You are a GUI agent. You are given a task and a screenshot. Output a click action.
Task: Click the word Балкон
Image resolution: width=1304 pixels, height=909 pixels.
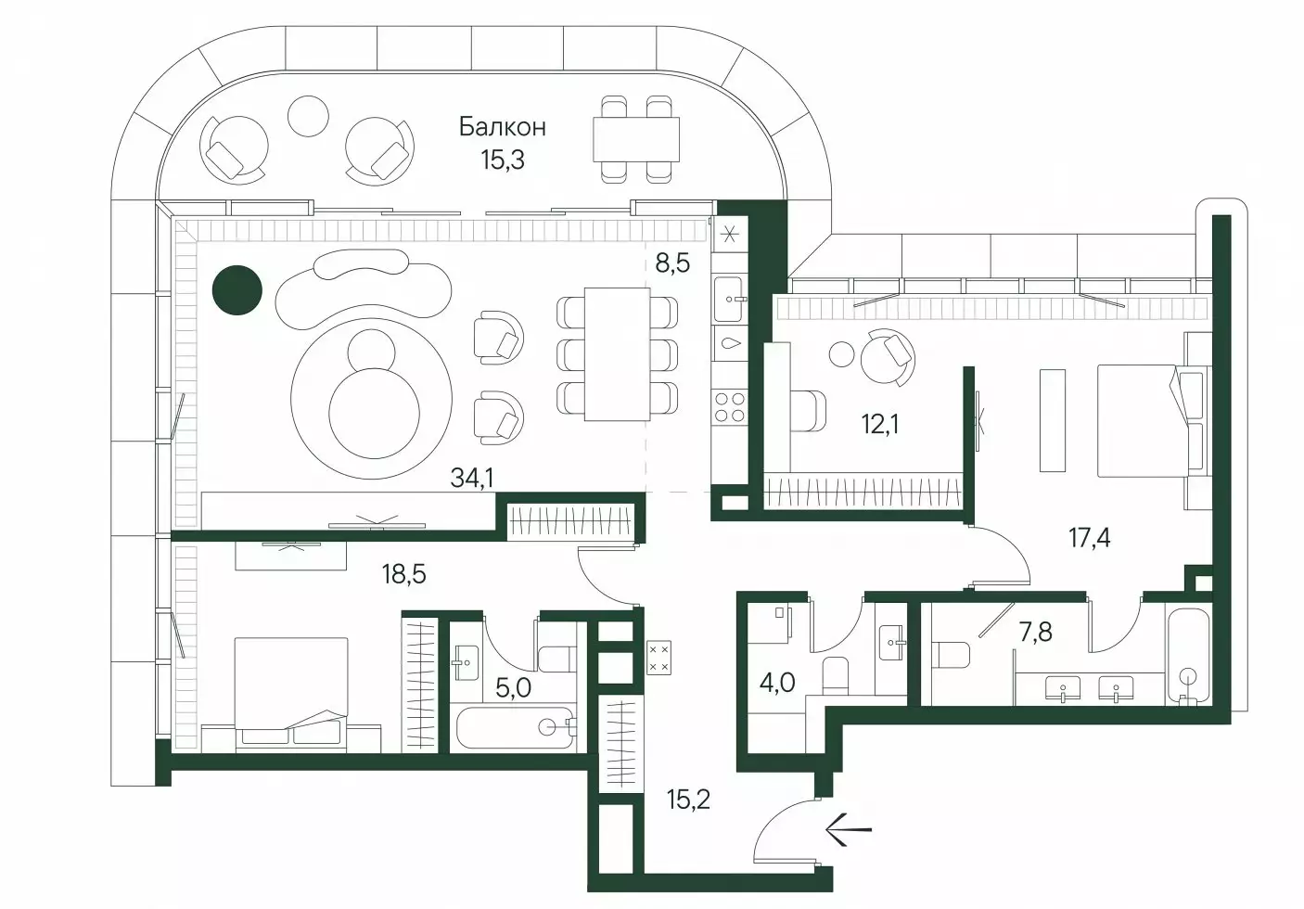pos(503,126)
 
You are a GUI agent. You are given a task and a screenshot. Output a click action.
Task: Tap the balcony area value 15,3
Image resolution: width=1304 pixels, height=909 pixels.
pos(503,159)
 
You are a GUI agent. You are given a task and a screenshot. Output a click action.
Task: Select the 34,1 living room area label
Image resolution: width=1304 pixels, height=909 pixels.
pos(472,478)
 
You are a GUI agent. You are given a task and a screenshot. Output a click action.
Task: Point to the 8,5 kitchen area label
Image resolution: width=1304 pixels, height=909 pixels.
pos(672,262)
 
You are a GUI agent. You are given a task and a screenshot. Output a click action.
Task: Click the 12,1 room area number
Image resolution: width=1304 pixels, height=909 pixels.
pos(880,424)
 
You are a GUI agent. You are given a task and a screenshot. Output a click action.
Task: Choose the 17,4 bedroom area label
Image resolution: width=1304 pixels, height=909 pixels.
pos(1089,537)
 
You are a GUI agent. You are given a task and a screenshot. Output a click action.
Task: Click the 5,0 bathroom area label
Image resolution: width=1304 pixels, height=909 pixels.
pos(514,687)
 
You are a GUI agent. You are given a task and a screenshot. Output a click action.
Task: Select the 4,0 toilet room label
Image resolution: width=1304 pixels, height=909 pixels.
pos(777,682)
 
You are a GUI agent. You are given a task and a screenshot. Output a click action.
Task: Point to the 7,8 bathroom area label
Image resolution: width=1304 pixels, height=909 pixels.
pos(1035,632)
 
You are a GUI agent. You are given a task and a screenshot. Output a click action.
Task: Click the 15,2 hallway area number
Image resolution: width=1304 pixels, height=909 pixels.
pos(689,800)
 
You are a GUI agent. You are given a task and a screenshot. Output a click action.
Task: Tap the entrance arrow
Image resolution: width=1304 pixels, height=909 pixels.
pos(849,828)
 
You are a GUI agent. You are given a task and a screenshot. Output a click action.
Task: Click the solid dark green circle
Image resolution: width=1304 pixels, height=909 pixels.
pos(237,290)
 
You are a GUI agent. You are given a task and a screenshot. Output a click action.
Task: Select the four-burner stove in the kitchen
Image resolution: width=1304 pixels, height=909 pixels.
pos(730,406)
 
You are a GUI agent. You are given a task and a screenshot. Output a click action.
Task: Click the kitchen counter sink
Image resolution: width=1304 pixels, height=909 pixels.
pos(729,300)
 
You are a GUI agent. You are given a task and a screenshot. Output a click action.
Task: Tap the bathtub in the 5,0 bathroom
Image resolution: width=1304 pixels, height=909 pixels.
pos(515,727)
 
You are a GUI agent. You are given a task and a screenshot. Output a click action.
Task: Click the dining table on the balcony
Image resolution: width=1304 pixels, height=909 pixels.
pos(636,139)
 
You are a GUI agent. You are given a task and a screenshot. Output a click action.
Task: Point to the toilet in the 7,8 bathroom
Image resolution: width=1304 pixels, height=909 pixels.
pos(950,655)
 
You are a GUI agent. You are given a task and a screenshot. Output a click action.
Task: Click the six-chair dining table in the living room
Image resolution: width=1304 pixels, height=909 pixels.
pos(617,354)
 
